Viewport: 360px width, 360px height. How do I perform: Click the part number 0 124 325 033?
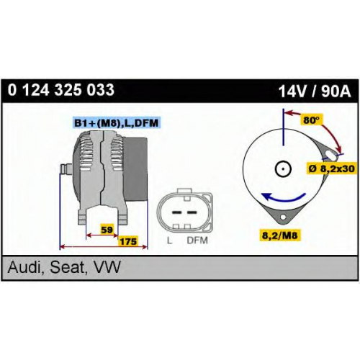coord(61,90)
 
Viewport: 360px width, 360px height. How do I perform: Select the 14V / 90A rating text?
coord(315,91)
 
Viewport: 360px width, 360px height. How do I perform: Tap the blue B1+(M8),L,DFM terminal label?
coord(116,123)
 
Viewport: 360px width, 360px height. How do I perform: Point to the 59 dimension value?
coord(107,230)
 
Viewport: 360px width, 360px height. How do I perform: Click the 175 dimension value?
coord(128,241)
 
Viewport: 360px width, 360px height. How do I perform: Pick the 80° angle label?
coord(312,120)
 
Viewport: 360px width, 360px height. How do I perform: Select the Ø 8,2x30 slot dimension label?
coord(332,168)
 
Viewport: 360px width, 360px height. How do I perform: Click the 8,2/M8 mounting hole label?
coord(280,235)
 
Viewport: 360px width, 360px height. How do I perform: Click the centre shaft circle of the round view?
coord(283,168)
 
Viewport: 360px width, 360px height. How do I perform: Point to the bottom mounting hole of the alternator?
coord(283,217)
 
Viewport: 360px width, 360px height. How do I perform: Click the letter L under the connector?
coord(169,240)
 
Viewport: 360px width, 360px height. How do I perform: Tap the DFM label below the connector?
coord(197,240)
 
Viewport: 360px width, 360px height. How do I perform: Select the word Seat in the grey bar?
coord(68,267)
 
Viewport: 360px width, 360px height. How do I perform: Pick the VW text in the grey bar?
coord(106,267)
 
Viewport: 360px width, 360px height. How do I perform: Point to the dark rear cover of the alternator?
coord(136,169)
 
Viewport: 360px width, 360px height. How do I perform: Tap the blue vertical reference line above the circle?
coord(283,127)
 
